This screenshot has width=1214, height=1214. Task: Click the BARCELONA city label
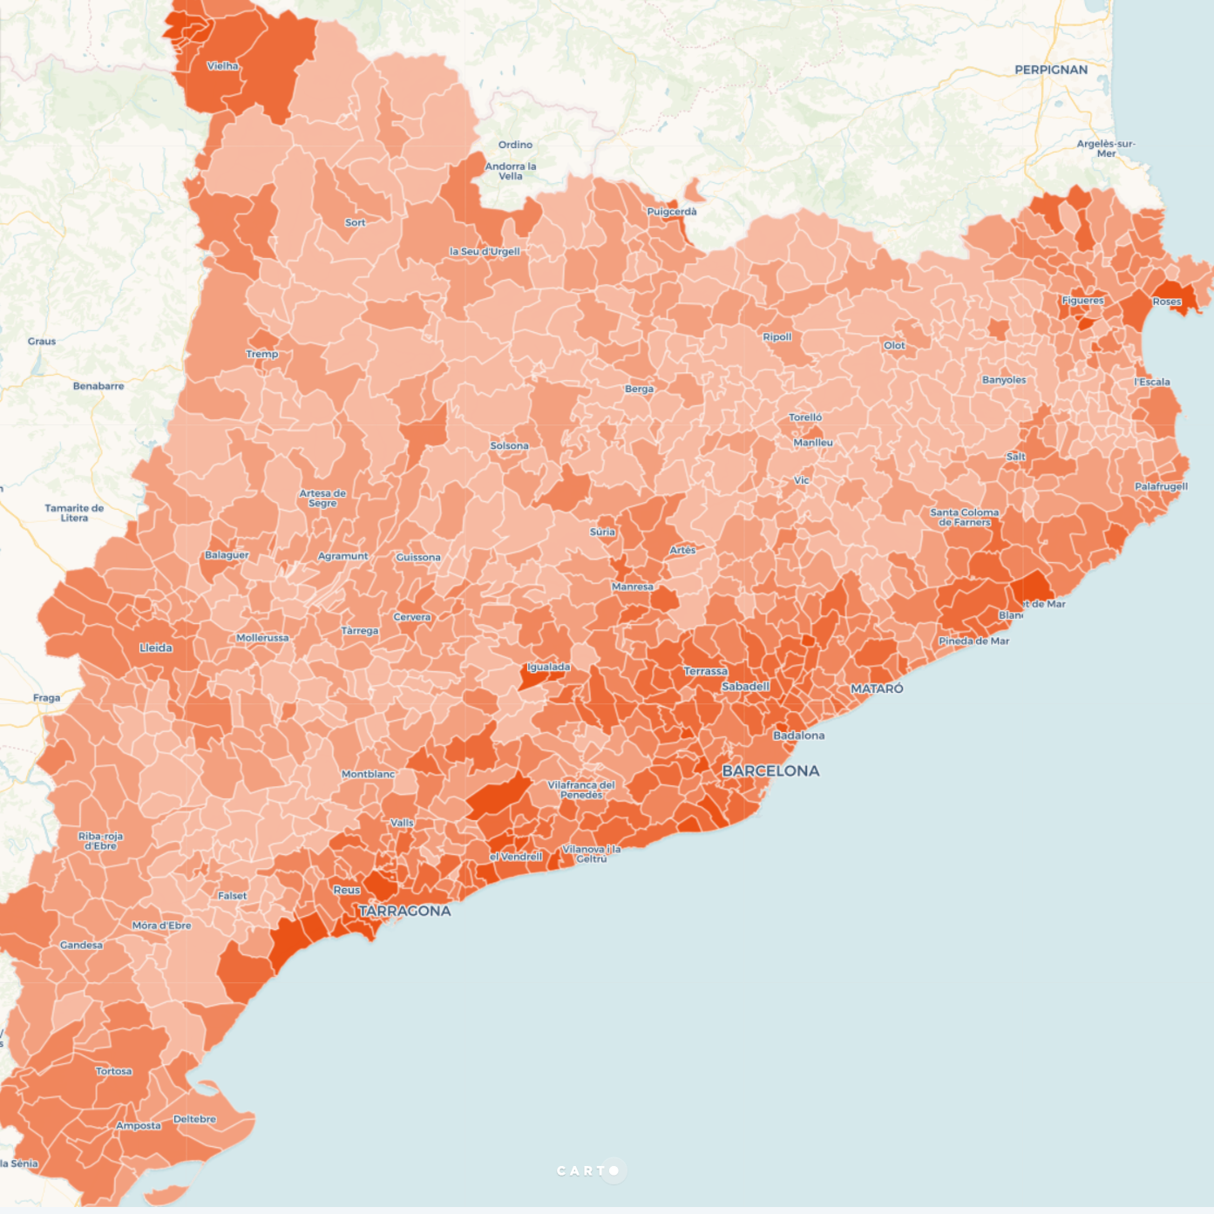[770, 770]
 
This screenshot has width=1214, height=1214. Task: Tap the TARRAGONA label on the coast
[405, 911]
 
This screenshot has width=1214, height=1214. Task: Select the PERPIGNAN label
[1051, 70]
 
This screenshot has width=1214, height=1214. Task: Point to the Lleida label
[156, 648]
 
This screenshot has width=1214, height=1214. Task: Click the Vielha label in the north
[223, 66]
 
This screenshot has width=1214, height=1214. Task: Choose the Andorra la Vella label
[511, 171]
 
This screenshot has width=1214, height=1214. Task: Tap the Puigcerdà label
[672, 212]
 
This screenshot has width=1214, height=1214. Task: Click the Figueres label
[1082, 301]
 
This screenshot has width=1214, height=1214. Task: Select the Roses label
[1167, 302]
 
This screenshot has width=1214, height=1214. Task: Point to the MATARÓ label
[877, 688]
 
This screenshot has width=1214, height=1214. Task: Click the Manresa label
[633, 587]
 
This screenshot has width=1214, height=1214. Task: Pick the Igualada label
[549, 668]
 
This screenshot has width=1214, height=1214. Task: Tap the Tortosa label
[114, 1071]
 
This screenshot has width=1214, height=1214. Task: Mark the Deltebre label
[194, 1119]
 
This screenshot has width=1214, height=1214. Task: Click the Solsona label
[509, 445]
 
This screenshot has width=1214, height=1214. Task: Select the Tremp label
[262, 354]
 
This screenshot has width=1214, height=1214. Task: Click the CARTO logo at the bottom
[588, 1170]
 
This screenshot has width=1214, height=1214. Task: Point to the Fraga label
[47, 698]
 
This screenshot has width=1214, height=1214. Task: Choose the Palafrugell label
[1161, 486]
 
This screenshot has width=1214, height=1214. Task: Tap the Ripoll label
[777, 337]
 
